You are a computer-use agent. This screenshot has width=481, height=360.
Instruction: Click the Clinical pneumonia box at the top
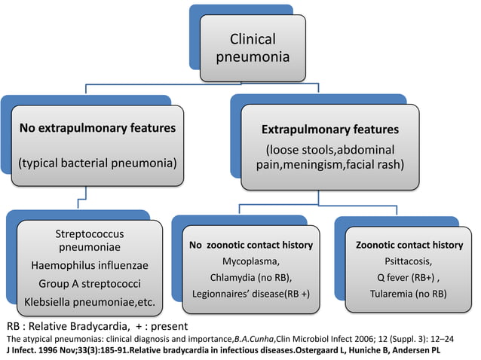(253, 47)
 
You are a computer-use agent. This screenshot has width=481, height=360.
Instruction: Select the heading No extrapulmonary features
(97, 127)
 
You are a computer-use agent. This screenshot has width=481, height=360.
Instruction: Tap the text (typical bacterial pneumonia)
(97, 163)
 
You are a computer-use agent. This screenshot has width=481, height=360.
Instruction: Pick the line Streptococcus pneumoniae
(90, 240)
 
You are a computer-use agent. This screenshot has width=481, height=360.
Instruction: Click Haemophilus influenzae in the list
(90, 265)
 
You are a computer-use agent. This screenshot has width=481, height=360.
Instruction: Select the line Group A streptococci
(90, 284)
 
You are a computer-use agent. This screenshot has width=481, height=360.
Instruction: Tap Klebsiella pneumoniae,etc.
(90, 302)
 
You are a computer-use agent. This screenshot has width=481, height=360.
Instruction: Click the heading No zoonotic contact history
(251, 246)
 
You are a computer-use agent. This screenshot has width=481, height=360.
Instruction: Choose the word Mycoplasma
(251, 261)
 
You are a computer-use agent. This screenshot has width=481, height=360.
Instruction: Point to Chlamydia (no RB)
(251, 277)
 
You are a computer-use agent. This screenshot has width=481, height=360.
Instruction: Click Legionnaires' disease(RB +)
(251, 293)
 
